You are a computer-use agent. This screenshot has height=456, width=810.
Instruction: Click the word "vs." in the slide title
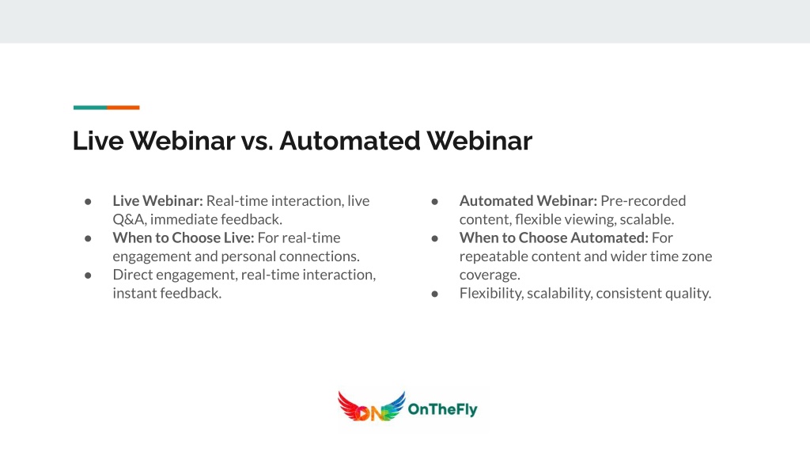pyautogui.click(x=257, y=141)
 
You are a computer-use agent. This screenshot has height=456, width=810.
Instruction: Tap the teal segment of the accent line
pyautogui.click(x=90, y=108)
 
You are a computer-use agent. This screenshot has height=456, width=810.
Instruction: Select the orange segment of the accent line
pyautogui.click(x=123, y=108)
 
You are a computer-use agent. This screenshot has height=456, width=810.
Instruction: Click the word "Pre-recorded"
pyautogui.click(x=643, y=200)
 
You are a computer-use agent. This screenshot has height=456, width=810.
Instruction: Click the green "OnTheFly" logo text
pyautogui.click(x=442, y=409)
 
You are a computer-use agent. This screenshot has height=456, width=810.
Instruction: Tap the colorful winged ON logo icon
pyautogui.click(x=371, y=407)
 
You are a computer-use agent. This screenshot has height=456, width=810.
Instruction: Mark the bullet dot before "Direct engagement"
pyautogui.click(x=89, y=275)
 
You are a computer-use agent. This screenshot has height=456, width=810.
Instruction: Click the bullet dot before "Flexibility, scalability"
pyautogui.click(x=435, y=294)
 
